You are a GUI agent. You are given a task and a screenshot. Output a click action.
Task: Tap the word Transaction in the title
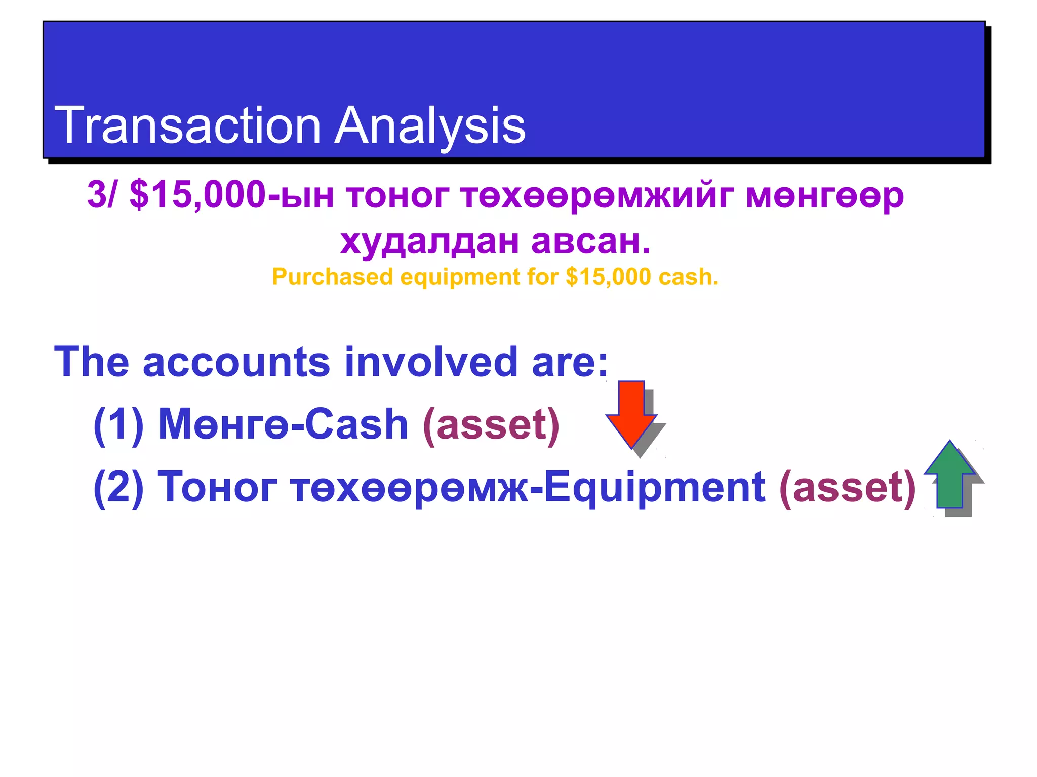point(187,125)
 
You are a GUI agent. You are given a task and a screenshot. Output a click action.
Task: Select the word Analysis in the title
point(430,125)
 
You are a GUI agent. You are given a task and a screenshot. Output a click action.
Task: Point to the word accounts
point(236,362)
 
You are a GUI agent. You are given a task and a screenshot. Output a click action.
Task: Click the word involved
point(431,362)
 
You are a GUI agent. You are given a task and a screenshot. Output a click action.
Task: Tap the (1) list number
point(118,424)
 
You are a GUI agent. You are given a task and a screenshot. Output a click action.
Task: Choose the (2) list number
point(118,487)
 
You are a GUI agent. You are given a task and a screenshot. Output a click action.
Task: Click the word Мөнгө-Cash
point(283,424)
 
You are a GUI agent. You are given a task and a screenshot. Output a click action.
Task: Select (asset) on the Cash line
point(491,424)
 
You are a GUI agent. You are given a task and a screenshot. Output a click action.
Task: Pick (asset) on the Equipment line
point(848,487)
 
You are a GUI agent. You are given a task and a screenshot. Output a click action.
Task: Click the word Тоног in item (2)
point(217,487)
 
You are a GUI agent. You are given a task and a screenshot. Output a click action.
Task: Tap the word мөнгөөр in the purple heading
point(825,195)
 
